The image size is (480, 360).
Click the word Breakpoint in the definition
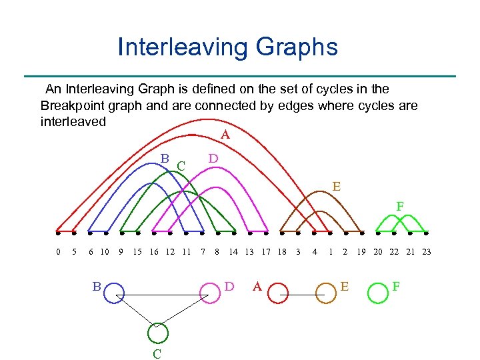coord(73,106)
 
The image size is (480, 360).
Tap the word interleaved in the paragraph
coord(73,123)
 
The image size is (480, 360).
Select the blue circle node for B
coord(113,292)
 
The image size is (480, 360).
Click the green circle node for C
coord(159,333)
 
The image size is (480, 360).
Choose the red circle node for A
coord(275,292)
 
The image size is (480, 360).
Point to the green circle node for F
coord(378,292)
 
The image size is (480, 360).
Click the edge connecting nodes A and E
coord(300,293)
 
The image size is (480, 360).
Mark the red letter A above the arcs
coord(225,135)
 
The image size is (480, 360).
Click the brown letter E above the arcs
coord(337,187)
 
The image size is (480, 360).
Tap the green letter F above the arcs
coord(400,207)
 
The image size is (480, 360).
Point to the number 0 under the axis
coord(58,252)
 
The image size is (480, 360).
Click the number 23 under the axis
coord(427,252)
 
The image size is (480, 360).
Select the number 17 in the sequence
coord(265,252)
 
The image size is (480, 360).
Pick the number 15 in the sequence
coord(137,252)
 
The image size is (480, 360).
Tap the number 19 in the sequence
coord(361,252)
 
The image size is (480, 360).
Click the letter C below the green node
coord(157,354)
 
